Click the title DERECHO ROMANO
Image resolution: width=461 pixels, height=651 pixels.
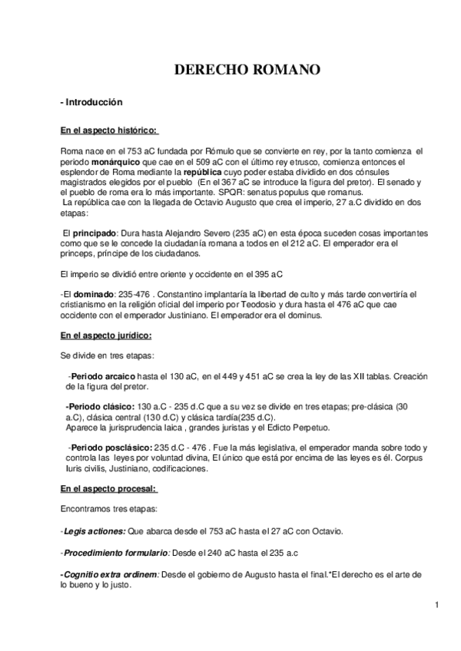point(246,71)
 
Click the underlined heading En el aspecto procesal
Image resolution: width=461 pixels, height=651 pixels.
point(108,488)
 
